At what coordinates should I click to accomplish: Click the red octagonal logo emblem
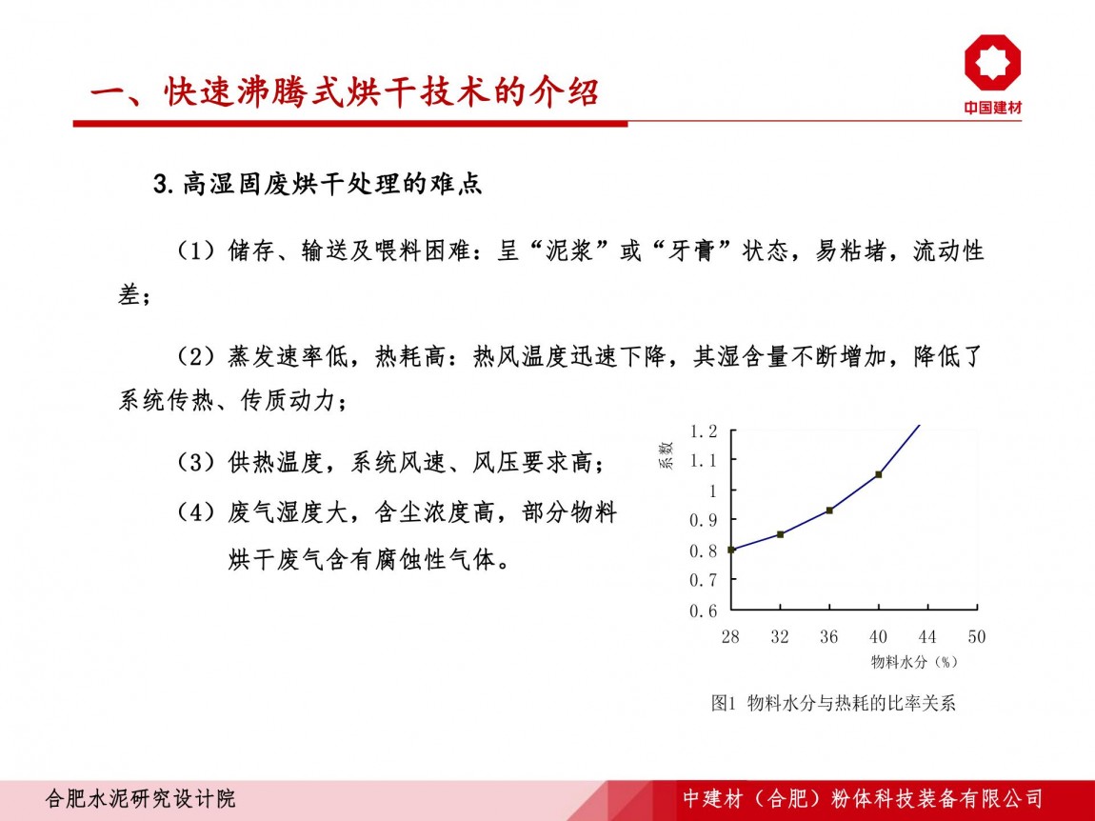(992, 62)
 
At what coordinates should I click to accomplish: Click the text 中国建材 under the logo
(992, 108)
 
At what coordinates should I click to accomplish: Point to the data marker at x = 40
(879, 475)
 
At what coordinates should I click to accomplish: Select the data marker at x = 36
(829, 511)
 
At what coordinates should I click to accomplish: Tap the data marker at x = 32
(780, 534)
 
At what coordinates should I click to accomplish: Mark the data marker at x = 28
(731, 550)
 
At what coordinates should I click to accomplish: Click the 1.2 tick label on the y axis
(704, 431)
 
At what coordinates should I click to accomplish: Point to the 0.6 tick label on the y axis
(704, 611)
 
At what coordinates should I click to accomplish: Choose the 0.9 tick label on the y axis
(704, 521)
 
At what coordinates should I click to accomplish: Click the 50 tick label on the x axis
(976, 636)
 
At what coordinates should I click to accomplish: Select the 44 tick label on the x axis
(927, 636)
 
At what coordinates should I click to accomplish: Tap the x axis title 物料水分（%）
(914, 662)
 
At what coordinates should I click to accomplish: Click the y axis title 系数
(667, 455)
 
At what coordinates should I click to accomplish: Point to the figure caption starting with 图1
(833, 703)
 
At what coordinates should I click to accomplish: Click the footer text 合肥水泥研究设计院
(140, 799)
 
